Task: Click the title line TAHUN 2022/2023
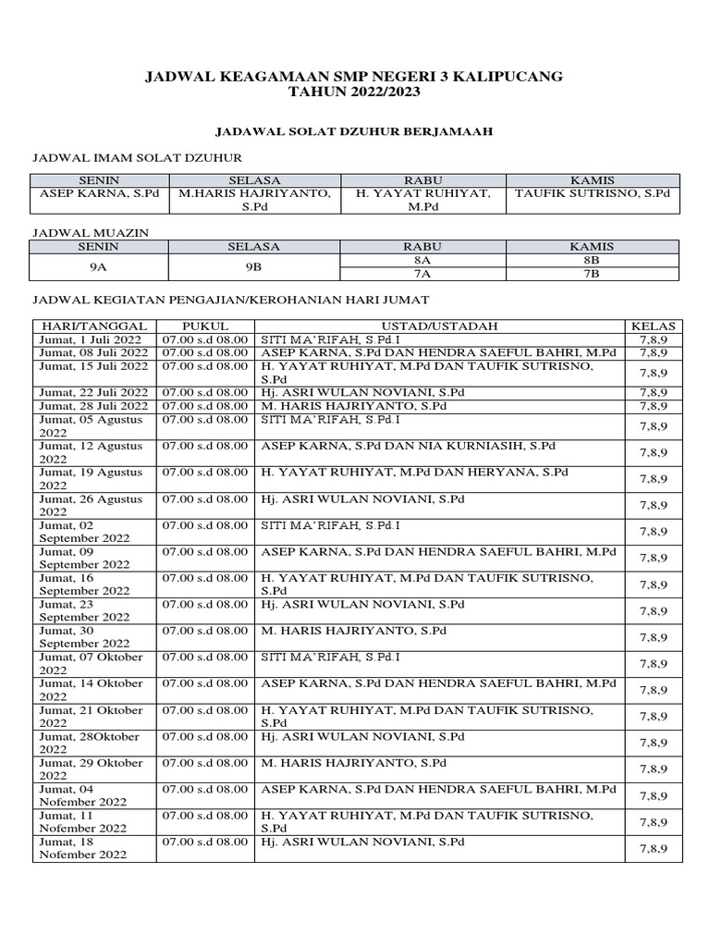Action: click(x=354, y=92)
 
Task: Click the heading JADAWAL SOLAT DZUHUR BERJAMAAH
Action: click(x=354, y=132)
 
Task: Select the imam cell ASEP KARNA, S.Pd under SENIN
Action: click(x=98, y=194)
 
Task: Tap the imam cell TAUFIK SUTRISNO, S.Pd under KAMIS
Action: click(x=593, y=194)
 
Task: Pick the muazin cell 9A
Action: click(x=98, y=266)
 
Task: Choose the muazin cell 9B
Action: click(x=253, y=266)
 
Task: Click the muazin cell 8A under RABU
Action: click(x=423, y=260)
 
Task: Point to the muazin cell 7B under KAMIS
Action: click(x=593, y=273)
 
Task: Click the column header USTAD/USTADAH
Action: click(x=440, y=326)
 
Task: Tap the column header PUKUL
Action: click(x=205, y=326)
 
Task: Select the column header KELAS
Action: click(x=653, y=326)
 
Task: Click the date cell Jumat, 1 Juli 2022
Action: click(x=90, y=339)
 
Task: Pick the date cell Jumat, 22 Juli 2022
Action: click(x=93, y=392)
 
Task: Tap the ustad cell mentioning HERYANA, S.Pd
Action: click(x=415, y=473)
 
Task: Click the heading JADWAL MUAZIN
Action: click(x=91, y=233)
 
